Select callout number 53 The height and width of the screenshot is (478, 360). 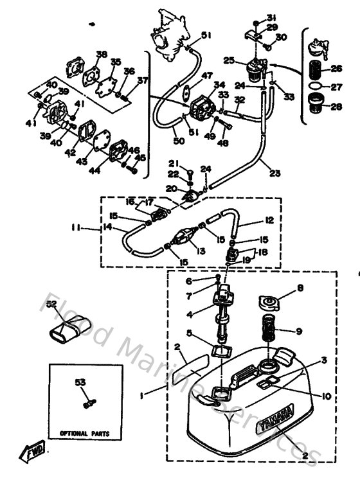coord(80,382)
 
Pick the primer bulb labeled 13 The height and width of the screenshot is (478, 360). coord(187,237)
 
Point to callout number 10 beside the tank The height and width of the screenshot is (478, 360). coord(327,396)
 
